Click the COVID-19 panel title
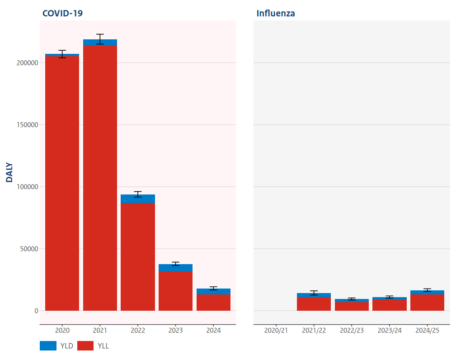pos(62,13)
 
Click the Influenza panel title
pos(276,13)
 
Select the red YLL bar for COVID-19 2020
pos(62,181)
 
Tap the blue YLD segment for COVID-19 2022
pos(138,199)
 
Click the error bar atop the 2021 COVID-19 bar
pos(100,39)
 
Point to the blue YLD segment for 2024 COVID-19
pos(213,292)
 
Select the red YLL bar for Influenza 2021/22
pos(314,304)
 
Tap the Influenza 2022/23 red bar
pos(352,306)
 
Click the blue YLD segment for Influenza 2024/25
pos(427,293)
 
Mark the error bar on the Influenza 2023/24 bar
pos(390,297)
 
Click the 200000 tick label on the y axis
pos(27,63)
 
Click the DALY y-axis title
pos(9,172)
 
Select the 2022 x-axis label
pos(138,331)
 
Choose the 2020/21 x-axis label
pos(276,331)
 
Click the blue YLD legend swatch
pos(48,346)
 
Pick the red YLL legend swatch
pos(85,346)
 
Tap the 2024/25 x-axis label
pos(427,331)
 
